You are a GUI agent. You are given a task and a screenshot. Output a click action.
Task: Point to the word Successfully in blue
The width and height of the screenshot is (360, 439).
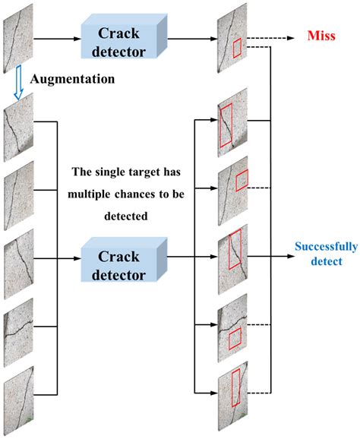pyautogui.click(x=320, y=248)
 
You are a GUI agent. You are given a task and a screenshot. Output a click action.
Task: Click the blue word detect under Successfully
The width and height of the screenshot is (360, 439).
pyautogui.click(x=320, y=261)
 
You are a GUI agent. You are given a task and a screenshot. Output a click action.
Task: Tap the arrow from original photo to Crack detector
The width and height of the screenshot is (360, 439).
pyautogui.click(x=56, y=35)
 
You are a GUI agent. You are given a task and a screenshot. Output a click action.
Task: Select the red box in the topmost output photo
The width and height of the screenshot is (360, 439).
pyautogui.click(x=237, y=49)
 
